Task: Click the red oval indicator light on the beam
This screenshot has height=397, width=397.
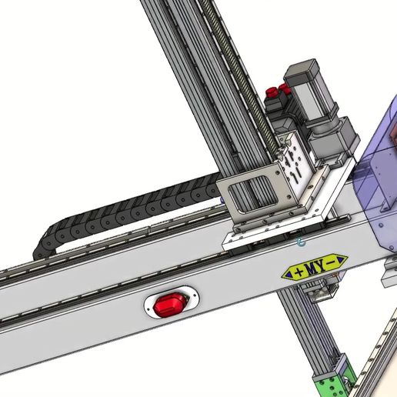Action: [170, 305]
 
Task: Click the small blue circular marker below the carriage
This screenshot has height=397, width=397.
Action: [301, 242]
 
